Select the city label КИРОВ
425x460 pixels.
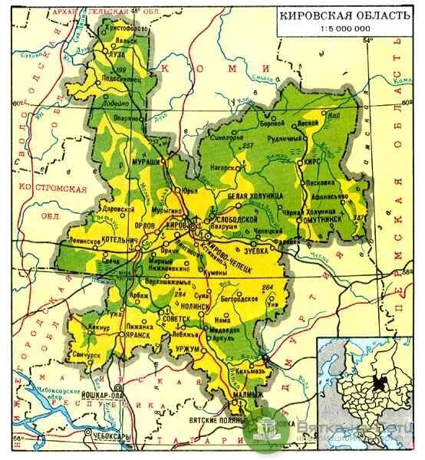(x=176, y=226)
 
